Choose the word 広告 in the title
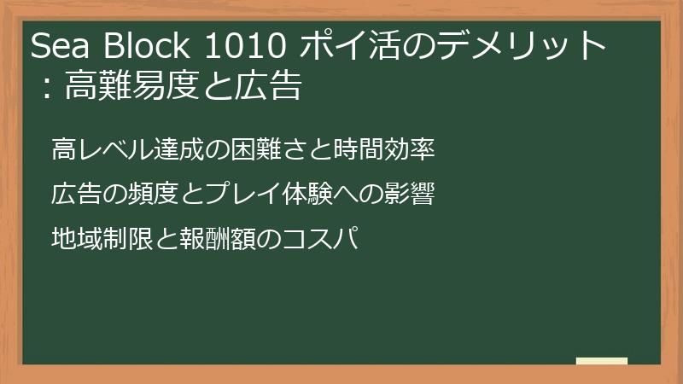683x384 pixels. click(x=269, y=87)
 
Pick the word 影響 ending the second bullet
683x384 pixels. click(x=416, y=194)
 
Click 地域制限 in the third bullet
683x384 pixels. click(x=93, y=237)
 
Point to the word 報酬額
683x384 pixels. click(x=209, y=237)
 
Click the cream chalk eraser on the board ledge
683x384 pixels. click(x=601, y=361)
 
